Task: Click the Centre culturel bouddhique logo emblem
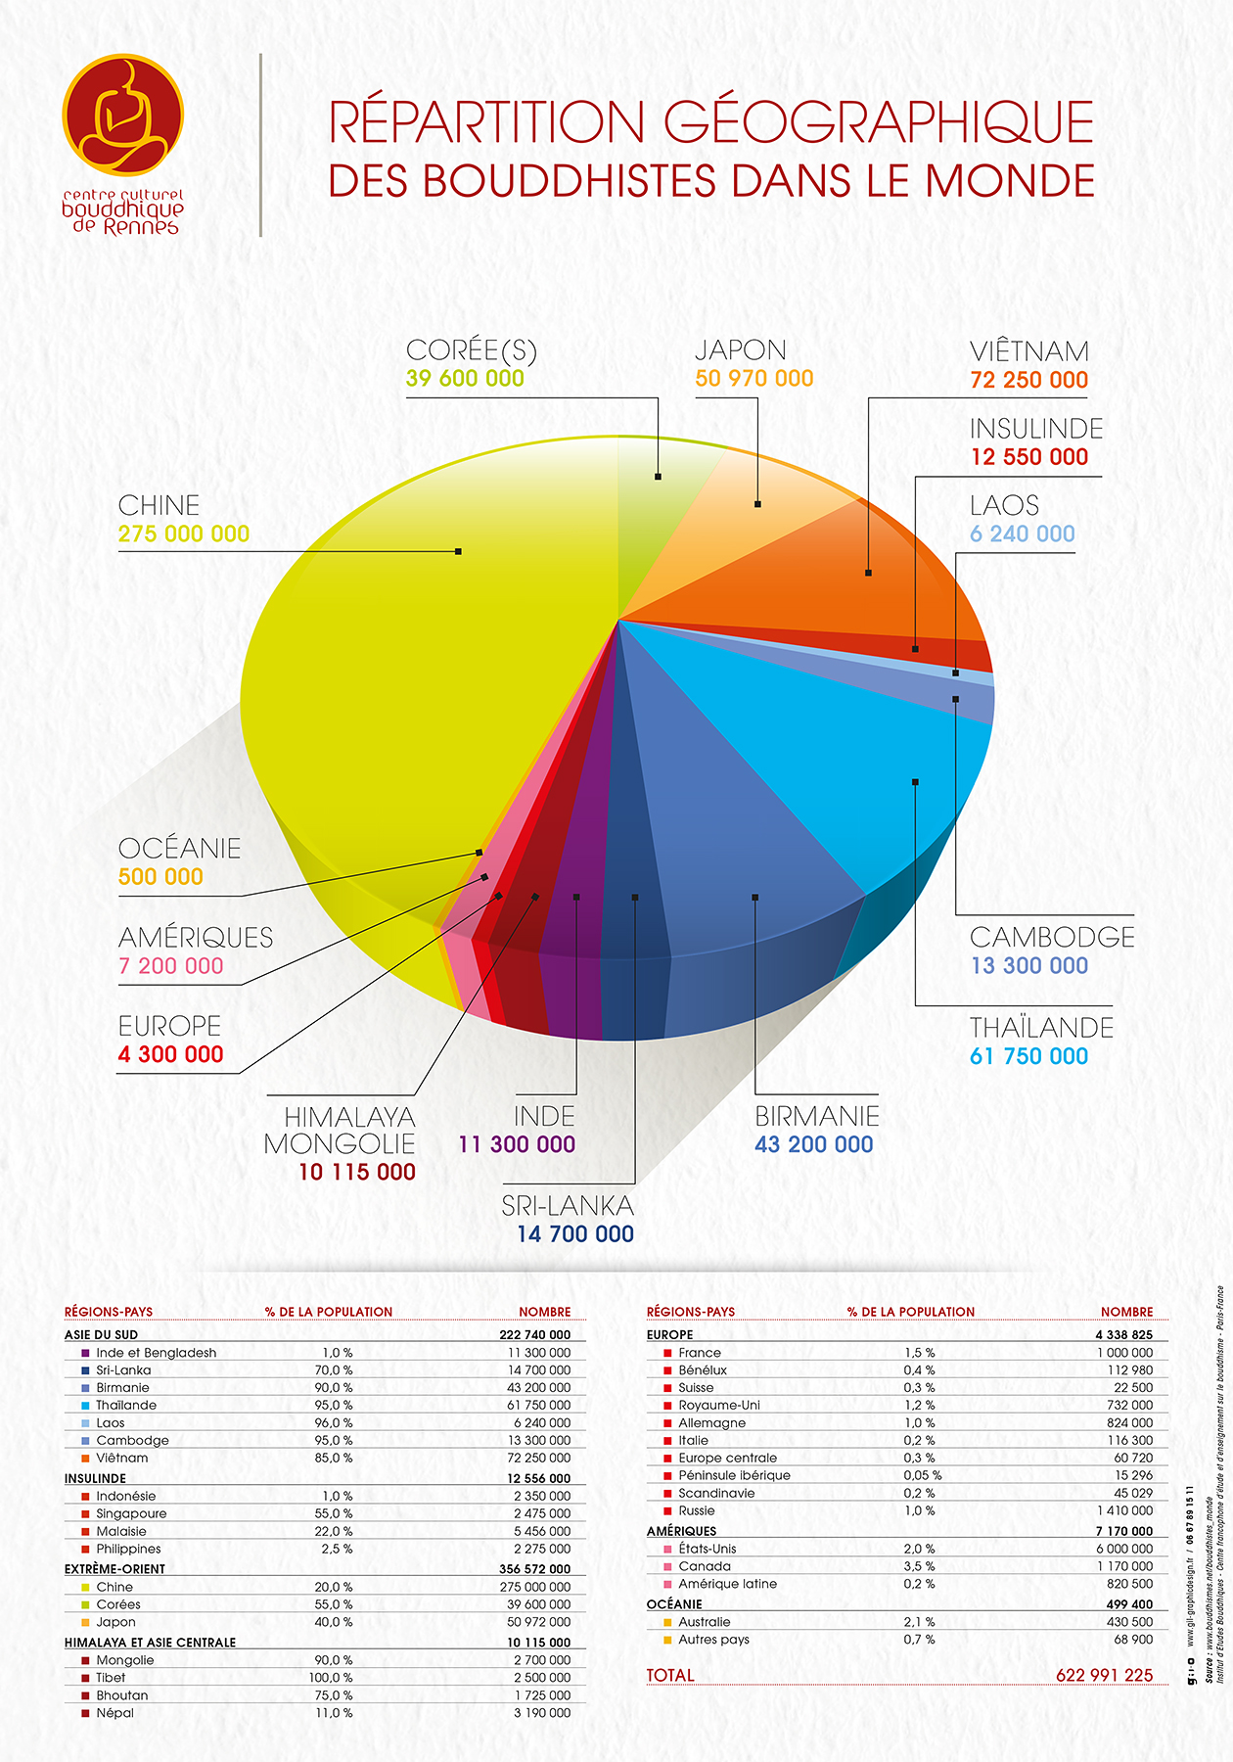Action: tap(122, 116)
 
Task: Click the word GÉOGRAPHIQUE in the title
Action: tap(878, 122)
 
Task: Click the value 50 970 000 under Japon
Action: tap(753, 379)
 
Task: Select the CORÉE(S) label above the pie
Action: tap(472, 350)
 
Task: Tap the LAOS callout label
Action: tap(1004, 506)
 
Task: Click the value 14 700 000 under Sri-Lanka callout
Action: tap(575, 1234)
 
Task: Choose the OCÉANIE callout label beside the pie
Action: tap(179, 849)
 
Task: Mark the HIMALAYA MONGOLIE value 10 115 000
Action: tap(357, 1173)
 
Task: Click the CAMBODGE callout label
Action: tap(1052, 938)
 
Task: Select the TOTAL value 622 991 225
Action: tap(1104, 1675)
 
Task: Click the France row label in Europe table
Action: tap(700, 1353)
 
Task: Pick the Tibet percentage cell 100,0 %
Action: tap(334, 1678)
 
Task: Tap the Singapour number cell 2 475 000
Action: tap(542, 1513)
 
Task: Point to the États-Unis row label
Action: tap(708, 1549)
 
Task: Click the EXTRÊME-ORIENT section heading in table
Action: tap(114, 1569)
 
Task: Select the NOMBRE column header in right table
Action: tap(1126, 1312)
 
